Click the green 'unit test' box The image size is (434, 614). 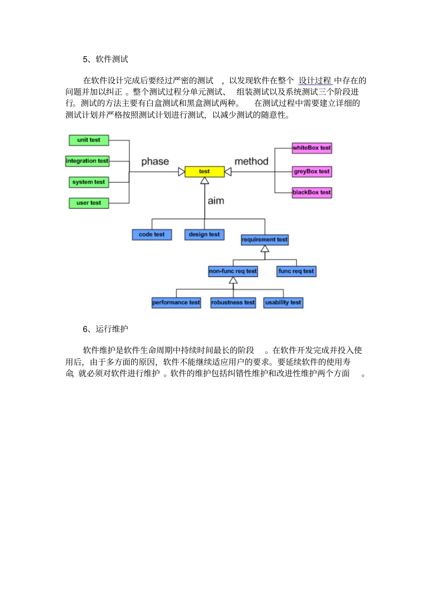[89, 140]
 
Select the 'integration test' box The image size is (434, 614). [87, 161]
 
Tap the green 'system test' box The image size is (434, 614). [89, 182]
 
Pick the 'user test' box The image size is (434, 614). [89, 203]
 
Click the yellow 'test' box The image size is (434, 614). [204, 171]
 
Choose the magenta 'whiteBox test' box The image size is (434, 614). [312, 148]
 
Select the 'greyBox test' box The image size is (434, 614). [312, 171]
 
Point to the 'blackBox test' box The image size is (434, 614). [312, 192]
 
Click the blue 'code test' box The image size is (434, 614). [152, 235]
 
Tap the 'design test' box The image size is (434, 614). [204, 235]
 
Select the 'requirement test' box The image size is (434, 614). [265, 240]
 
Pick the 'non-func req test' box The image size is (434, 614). [233, 271]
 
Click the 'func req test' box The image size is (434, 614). [296, 271]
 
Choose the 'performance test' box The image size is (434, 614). [176, 303]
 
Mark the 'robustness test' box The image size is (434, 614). [233, 303]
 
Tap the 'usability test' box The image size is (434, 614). [283, 303]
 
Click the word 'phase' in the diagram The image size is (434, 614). [155, 161]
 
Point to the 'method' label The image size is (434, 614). [251, 161]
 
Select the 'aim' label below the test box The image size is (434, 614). [216, 201]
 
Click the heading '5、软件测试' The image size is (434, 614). [106, 59]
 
